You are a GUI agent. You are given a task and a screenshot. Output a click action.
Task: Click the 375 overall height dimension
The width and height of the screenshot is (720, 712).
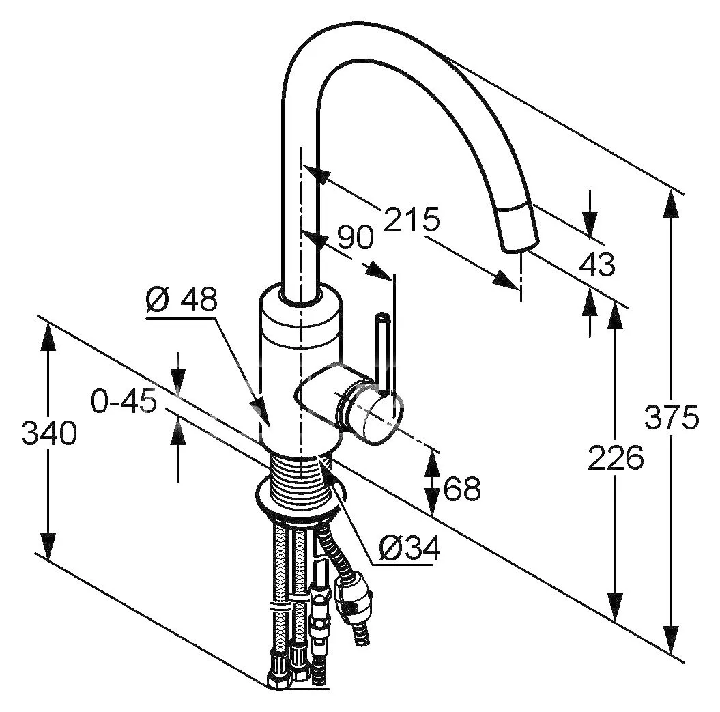672,417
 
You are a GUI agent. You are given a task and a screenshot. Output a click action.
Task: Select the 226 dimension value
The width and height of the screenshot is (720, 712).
616,458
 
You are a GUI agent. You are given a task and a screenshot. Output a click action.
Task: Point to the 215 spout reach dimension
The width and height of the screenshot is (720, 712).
411,220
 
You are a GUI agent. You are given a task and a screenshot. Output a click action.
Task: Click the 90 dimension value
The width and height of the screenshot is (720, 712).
355,238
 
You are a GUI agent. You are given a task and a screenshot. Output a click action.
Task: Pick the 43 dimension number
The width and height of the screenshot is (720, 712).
596,264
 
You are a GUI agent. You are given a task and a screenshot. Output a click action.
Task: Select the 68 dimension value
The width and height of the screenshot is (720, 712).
462,489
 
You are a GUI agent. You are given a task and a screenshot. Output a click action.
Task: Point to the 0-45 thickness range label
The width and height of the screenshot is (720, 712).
124,402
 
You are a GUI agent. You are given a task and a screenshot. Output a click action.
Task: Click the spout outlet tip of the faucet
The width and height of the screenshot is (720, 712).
520,243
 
